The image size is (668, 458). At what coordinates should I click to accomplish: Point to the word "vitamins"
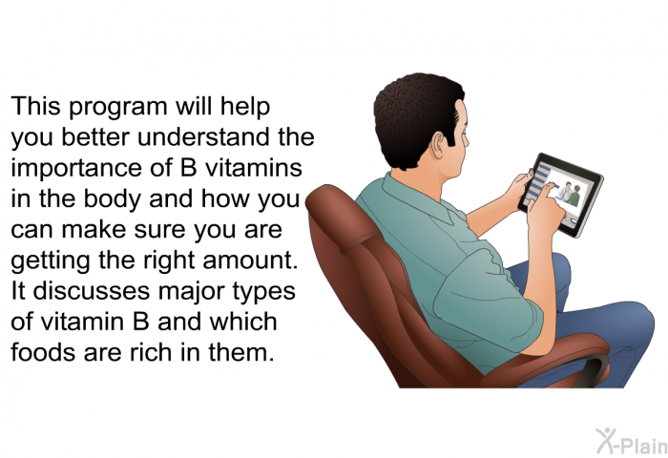pyautogui.click(x=254, y=167)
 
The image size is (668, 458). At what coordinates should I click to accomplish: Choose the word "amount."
pyautogui.click(x=250, y=260)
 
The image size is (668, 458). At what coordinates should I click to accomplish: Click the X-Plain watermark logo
pyautogui.click(x=632, y=442)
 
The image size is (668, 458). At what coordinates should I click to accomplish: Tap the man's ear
pyautogui.click(x=440, y=145)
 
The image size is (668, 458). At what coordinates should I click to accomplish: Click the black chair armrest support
pyautogui.click(x=594, y=370)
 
